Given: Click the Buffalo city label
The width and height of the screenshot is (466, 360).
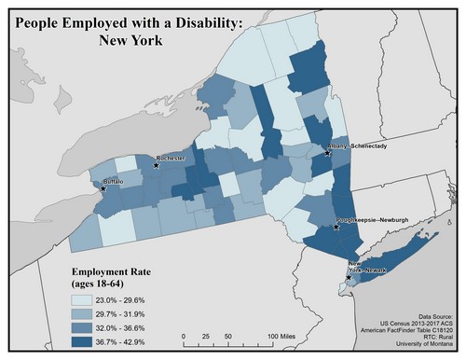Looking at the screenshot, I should point(113,181).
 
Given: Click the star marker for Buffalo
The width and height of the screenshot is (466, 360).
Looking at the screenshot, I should point(103,188).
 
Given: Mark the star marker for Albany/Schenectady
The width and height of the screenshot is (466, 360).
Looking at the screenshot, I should point(327,154).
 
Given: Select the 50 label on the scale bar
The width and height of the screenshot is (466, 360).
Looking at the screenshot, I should point(228,336).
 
